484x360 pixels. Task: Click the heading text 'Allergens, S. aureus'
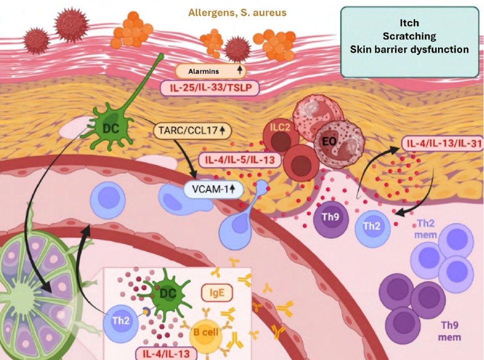pos(237,12)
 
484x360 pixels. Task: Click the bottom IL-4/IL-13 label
pos(167,353)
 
